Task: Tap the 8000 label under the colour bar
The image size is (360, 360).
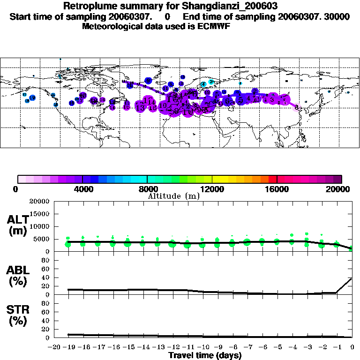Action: point(147,189)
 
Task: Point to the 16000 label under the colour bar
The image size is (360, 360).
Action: point(277,189)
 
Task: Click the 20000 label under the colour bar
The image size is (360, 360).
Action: point(342,189)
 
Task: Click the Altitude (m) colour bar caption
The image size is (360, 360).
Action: point(174,196)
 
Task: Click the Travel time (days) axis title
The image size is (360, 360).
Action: point(205,356)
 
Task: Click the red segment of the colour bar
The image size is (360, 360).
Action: point(272,179)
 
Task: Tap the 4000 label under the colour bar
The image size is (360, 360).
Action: point(82,189)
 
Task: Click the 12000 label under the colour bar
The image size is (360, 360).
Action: point(212,189)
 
